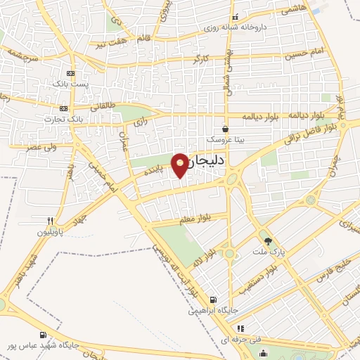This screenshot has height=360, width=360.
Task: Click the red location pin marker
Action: point(181,165)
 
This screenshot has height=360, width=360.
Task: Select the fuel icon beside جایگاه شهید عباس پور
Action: point(44,335)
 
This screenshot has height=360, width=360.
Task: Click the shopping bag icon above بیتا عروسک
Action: point(225,129)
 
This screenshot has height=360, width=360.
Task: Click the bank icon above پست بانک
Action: point(70,73)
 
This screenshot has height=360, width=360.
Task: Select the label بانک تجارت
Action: point(80,119)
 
